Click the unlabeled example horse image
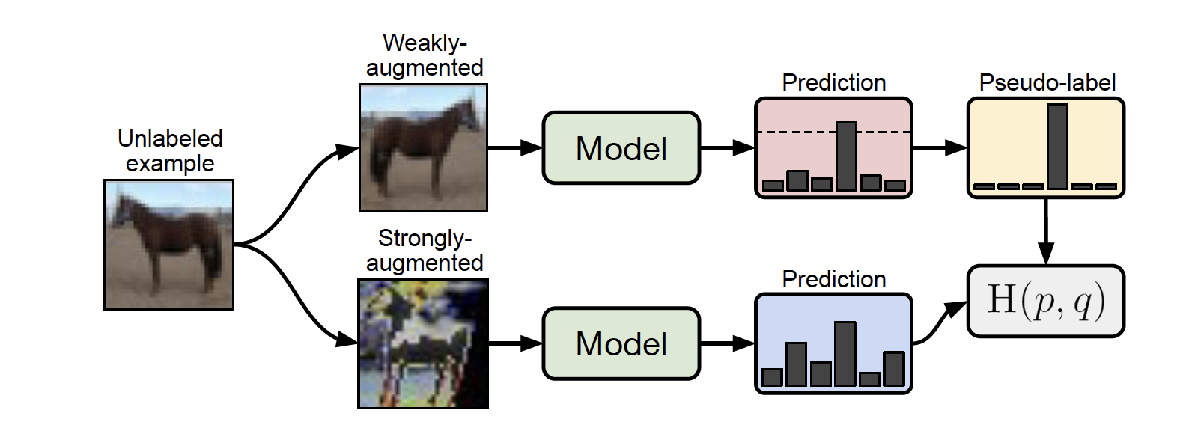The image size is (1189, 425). tap(168, 245)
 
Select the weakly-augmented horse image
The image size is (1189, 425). tap(423, 148)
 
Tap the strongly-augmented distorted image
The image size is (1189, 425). tap(423, 344)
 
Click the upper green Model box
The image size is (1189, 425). tap(621, 148)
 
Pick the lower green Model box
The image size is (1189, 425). tap(621, 344)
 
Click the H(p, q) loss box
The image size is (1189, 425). tap(1046, 301)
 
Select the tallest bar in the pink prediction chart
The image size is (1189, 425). tap(846, 156)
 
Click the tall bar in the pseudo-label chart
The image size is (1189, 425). tap(1057, 147)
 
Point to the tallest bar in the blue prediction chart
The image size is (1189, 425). tap(845, 354)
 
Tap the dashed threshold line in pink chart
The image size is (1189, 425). tap(833, 132)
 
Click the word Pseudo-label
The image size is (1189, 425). tap(1047, 83)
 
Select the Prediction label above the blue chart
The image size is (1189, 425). tap(834, 280)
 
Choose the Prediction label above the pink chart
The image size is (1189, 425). tap(834, 83)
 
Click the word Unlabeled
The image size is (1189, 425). tap(170, 138)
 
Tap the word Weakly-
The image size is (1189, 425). tap(425, 43)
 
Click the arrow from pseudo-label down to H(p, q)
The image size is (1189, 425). tap(1046, 231)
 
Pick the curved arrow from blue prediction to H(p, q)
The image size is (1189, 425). tap(938, 325)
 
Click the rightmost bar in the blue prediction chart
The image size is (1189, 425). tap(894, 369)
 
